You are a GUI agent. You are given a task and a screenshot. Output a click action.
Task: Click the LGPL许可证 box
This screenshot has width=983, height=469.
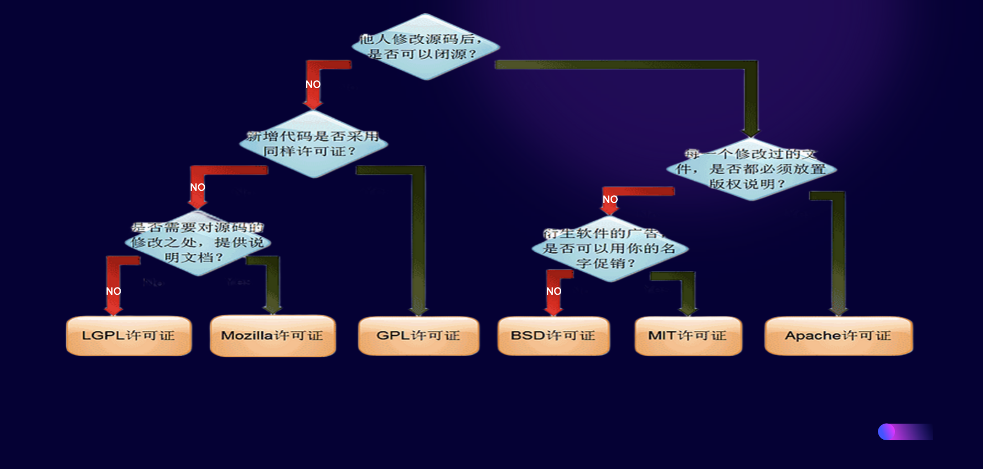tap(128, 336)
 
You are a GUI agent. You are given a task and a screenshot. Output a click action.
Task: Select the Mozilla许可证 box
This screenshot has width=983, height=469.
tap(272, 336)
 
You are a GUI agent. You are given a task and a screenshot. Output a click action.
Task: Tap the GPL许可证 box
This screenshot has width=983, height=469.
tap(418, 336)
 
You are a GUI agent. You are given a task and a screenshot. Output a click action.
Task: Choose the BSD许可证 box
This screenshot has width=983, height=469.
tap(553, 336)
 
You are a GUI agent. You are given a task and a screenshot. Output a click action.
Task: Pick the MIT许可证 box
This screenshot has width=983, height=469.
tap(688, 336)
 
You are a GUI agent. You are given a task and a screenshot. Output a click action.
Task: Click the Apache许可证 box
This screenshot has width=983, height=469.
tap(838, 336)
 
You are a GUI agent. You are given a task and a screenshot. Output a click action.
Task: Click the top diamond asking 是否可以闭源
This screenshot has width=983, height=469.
tap(425, 47)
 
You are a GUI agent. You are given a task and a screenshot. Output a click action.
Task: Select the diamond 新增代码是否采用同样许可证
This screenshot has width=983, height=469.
tap(313, 144)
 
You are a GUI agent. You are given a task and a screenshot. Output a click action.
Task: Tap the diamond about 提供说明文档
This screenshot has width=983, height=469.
tap(198, 243)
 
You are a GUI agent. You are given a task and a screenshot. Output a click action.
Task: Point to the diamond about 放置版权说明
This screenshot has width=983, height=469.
tap(751, 169)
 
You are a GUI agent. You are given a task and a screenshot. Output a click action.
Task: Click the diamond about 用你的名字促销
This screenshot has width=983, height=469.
tap(610, 248)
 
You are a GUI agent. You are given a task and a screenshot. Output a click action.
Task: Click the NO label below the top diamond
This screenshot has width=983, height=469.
tap(313, 85)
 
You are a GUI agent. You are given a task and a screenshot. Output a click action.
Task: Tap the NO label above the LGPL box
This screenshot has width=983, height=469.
tap(113, 291)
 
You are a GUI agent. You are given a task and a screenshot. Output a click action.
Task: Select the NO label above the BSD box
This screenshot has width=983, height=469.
tap(553, 291)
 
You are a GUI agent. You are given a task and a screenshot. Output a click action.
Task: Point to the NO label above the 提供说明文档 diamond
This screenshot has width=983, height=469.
tap(198, 187)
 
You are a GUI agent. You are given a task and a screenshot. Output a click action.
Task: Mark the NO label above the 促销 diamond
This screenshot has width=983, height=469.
tap(610, 200)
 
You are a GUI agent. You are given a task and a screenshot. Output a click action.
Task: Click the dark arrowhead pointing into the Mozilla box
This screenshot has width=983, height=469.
tap(272, 307)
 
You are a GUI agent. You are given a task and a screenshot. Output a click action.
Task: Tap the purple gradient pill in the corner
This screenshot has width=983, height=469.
tap(905, 432)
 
